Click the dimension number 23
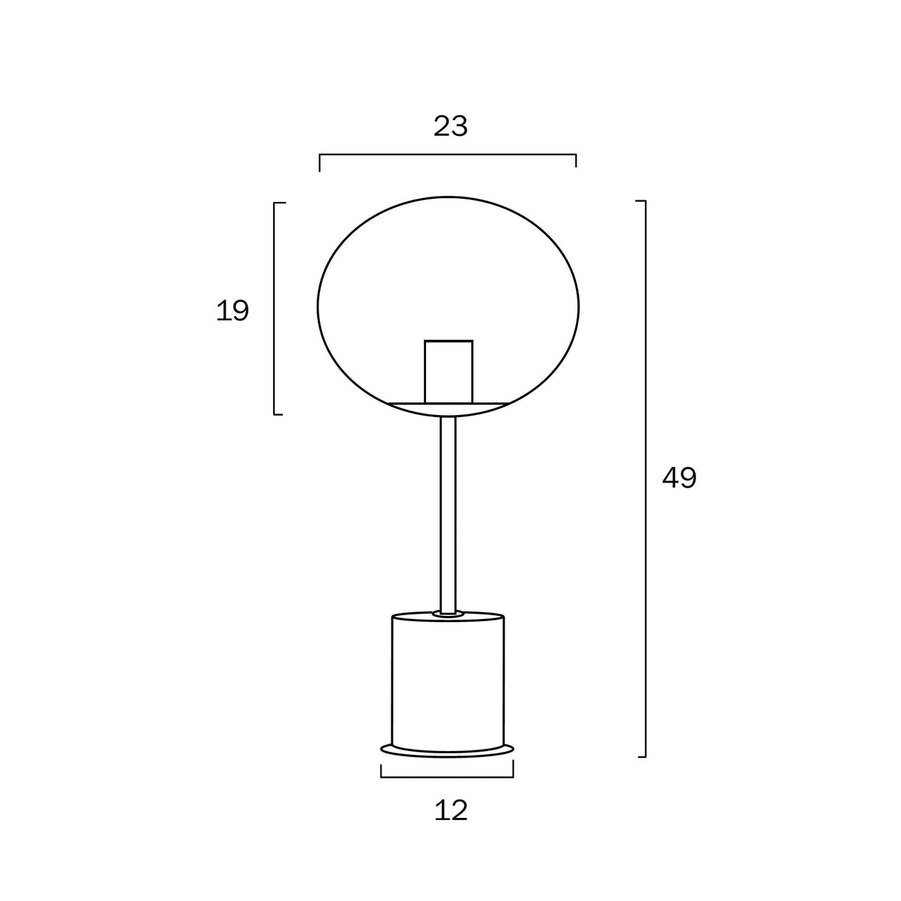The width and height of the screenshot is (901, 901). (x=450, y=127)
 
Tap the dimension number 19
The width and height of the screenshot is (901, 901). (x=232, y=311)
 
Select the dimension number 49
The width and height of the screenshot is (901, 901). (x=679, y=479)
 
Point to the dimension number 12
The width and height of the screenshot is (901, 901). (x=450, y=810)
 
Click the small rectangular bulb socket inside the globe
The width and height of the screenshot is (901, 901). (x=448, y=370)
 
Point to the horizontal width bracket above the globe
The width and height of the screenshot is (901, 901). (x=448, y=155)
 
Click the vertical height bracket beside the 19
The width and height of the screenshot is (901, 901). (x=275, y=308)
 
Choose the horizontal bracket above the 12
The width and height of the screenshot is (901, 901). (x=448, y=776)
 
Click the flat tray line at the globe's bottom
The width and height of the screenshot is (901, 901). (x=448, y=403)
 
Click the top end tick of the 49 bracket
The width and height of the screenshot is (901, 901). (x=640, y=201)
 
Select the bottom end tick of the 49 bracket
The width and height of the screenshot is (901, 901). (x=640, y=756)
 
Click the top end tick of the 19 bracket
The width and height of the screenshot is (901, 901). (x=279, y=203)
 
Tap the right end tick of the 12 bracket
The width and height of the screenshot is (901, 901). (x=513, y=770)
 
